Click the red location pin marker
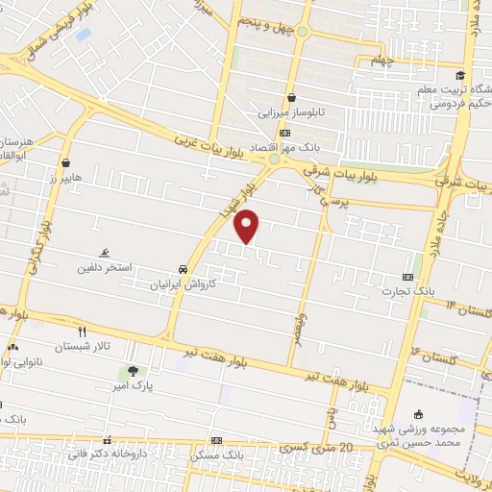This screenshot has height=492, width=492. [248, 226]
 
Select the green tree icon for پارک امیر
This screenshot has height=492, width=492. [133, 370]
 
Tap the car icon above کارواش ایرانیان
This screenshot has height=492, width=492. [183, 270]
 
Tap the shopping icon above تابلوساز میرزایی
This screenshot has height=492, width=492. [290, 97]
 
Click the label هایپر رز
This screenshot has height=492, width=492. [65, 179]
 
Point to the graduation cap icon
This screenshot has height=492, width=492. [459, 76]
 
